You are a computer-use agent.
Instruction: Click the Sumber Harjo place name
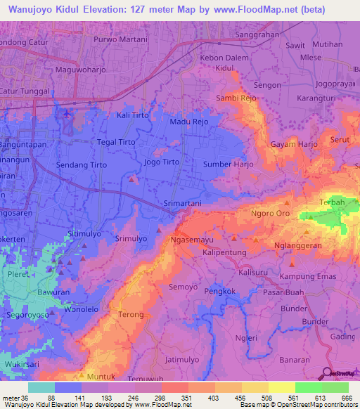[x=227, y=164]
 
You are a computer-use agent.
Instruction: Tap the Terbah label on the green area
[x=332, y=202]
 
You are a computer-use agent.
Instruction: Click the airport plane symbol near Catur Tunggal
[x=67, y=113]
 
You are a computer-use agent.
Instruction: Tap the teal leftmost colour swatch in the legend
[x=41, y=387]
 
